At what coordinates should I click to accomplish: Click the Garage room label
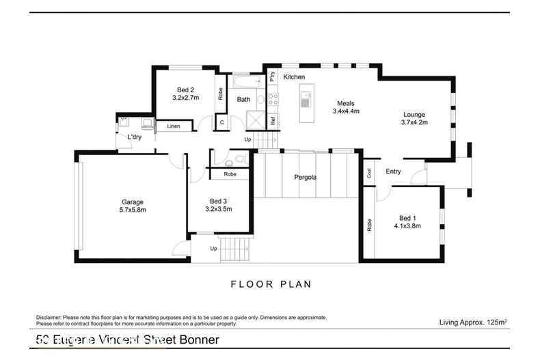click(133, 202)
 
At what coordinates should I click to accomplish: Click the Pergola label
click(305, 177)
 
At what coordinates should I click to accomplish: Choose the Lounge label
click(414, 115)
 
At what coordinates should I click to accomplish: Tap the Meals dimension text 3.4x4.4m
click(346, 111)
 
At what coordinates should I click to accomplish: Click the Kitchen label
click(294, 77)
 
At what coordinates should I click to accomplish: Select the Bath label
click(243, 100)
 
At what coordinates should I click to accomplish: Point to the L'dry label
click(135, 137)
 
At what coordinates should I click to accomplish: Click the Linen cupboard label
click(173, 126)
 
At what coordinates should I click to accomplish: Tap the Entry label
click(393, 171)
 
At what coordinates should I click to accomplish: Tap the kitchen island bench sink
click(306, 102)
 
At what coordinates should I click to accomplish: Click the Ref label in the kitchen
click(272, 122)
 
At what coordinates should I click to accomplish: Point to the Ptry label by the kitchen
click(272, 77)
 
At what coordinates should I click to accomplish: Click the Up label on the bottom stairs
click(213, 249)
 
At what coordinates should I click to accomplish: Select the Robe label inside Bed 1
click(369, 224)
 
